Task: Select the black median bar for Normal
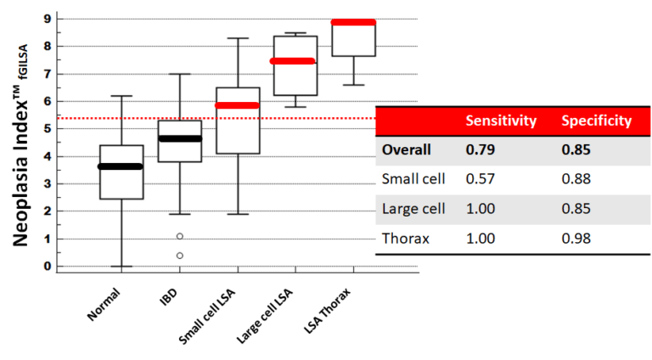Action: tap(121, 166)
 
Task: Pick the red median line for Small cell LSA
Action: tap(238, 105)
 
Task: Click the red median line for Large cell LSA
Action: tap(294, 61)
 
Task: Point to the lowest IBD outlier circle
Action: tap(180, 256)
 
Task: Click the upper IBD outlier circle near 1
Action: tap(180, 236)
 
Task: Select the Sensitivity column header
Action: tap(500, 121)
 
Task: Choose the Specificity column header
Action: tap(596, 121)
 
